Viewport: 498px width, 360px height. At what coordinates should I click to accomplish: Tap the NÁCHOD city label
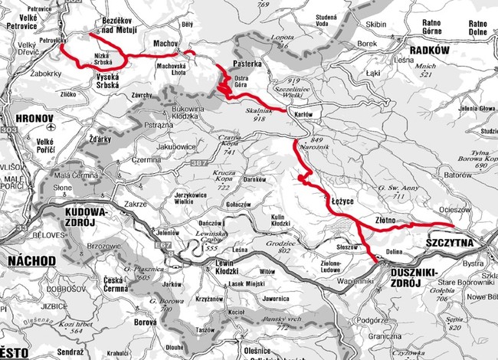(28, 261)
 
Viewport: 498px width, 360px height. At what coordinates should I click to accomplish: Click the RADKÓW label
(428, 49)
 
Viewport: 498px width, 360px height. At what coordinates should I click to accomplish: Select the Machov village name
(165, 44)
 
